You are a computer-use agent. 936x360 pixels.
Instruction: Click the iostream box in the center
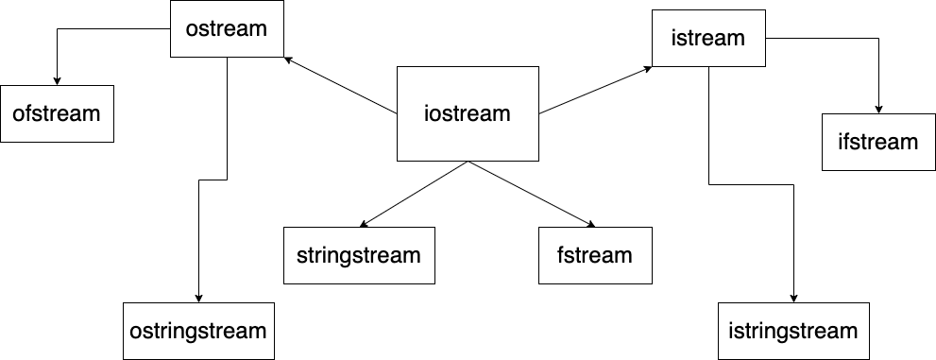click(468, 113)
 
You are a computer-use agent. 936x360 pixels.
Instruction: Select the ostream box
click(227, 28)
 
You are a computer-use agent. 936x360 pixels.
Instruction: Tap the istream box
click(708, 39)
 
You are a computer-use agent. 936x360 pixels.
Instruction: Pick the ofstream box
click(57, 113)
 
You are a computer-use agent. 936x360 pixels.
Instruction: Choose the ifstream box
click(878, 142)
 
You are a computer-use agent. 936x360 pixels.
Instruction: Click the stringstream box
click(359, 255)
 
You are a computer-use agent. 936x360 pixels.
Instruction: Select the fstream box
click(595, 255)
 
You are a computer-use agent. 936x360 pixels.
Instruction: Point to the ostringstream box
click(198, 331)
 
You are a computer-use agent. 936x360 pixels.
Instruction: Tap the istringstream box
click(793, 331)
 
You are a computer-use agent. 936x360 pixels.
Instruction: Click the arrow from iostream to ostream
click(340, 86)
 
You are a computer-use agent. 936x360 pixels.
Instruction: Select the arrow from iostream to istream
click(595, 91)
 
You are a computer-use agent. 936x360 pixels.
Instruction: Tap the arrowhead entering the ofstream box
click(57, 80)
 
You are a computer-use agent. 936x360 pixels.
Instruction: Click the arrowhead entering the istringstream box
click(793, 298)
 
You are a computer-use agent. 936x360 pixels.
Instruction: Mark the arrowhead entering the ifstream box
click(878, 109)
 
